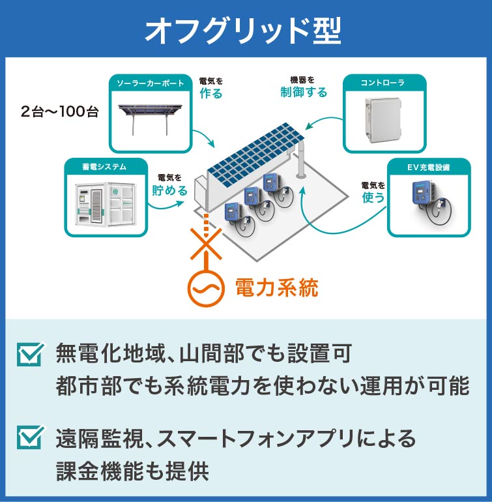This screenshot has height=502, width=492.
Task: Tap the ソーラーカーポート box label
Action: coord(150,83)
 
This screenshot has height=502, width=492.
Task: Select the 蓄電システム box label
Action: coord(105,167)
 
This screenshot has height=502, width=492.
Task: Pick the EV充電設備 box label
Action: coord(428,168)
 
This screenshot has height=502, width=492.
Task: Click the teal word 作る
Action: coord(210,93)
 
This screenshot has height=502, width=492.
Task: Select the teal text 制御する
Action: coord(304,92)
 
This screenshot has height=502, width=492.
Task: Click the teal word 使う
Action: coord(373,197)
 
